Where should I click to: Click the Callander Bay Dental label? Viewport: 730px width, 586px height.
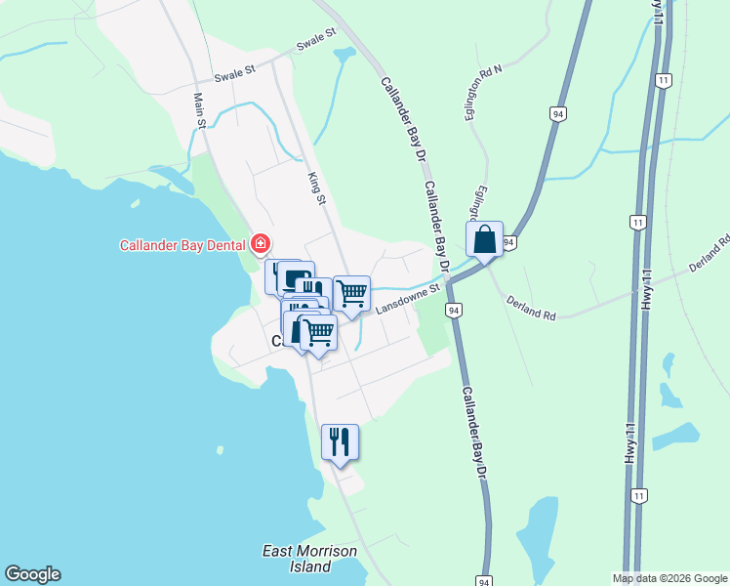pyautogui.click(x=182, y=245)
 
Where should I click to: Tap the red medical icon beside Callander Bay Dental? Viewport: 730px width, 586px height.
pyautogui.click(x=261, y=244)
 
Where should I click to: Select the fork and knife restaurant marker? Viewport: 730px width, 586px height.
pyautogui.click(x=340, y=442)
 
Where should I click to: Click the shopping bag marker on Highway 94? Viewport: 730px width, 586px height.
pyautogui.click(x=484, y=239)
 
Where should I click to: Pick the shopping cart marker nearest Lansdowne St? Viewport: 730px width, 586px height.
pyautogui.click(x=351, y=292)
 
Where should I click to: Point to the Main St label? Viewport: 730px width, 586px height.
pyautogui.click(x=200, y=110)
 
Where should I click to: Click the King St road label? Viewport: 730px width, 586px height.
pyautogui.click(x=315, y=188)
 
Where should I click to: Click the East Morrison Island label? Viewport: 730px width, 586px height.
pyautogui.click(x=310, y=558)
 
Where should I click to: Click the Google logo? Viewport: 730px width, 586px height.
pyautogui.click(x=32, y=574)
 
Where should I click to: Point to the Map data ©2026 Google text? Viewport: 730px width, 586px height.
pyautogui.click(x=669, y=578)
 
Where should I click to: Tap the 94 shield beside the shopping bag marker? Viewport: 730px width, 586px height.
pyautogui.click(x=508, y=240)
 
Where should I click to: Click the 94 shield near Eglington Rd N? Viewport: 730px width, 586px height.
pyautogui.click(x=557, y=113)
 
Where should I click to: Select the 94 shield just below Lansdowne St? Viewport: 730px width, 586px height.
pyautogui.click(x=453, y=310)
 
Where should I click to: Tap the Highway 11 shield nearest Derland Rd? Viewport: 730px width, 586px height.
pyautogui.click(x=636, y=223)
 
